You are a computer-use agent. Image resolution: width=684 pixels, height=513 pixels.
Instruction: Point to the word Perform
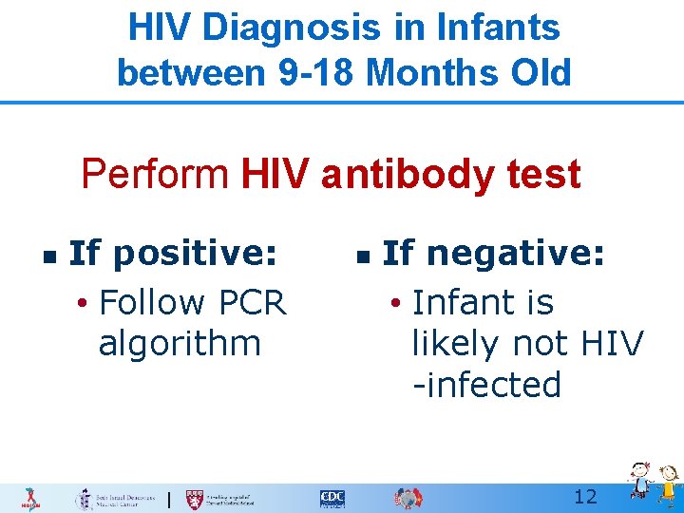pos(154,175)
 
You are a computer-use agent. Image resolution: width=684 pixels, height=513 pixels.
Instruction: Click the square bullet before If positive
pos(47,256)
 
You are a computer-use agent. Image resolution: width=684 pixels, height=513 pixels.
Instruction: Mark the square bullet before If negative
pos(361,256)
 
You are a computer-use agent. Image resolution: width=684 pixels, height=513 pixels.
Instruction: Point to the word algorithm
pos(179,343)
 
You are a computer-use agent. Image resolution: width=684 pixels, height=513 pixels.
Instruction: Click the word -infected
pos(486,385)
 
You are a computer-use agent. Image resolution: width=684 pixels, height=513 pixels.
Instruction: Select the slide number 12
pos(585,497)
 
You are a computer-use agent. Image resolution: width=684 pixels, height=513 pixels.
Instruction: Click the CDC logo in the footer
pos(332,498)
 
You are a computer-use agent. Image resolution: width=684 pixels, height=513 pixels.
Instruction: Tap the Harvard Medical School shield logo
pos(195,498)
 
